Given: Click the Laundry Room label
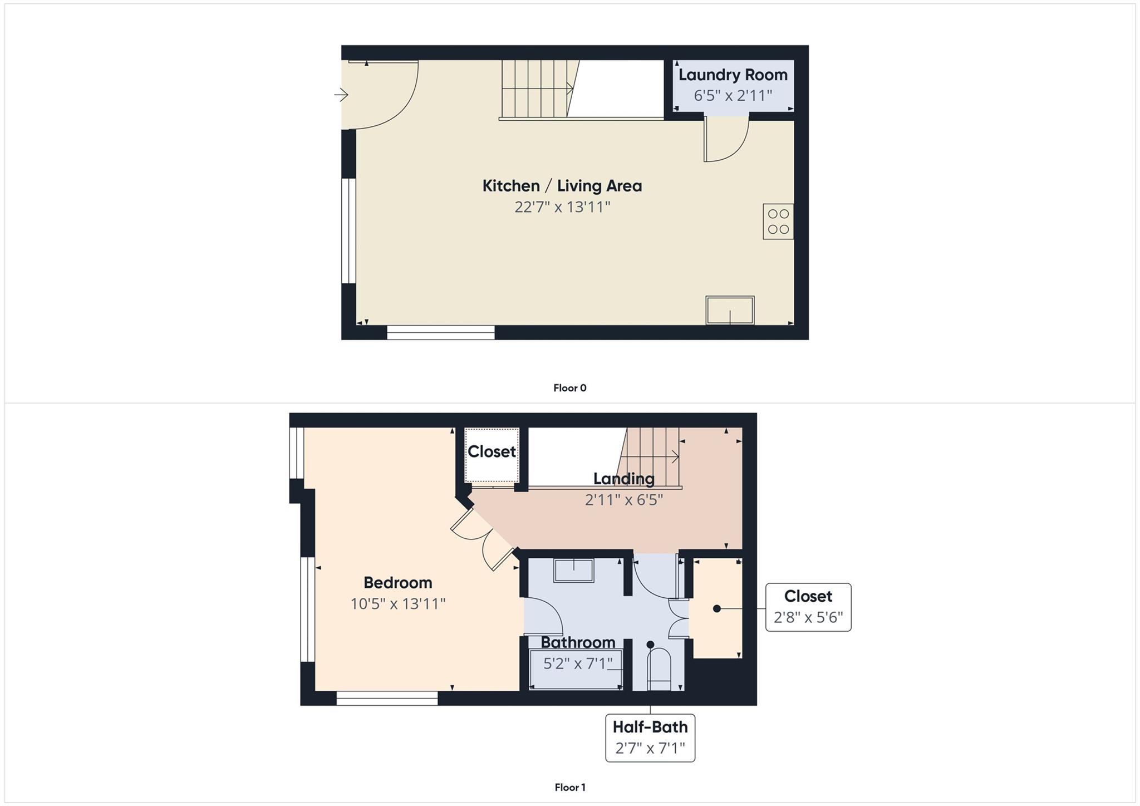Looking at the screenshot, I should point(733,75).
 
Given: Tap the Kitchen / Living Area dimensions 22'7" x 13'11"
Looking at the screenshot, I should point(562,208).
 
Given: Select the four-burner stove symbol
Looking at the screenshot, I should point(778,222).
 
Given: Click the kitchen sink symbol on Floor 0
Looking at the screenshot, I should point(730,310).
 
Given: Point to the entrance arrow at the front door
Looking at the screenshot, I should point(341,95).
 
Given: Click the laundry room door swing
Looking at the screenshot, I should point(726,139).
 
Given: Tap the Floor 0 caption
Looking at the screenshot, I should point(569,388).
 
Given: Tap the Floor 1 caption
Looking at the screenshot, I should point(569,787).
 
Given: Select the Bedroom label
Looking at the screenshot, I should point(397,583).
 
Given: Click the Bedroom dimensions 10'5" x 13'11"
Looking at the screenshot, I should point(397,604).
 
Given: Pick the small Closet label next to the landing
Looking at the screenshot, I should point(492,451).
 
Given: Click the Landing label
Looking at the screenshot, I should point(623,479).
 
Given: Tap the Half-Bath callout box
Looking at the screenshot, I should point(650,738).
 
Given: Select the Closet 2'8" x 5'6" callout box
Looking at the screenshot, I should point(808,607).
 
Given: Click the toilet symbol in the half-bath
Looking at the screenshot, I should point(660,668).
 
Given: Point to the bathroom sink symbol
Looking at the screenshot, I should point(573,571).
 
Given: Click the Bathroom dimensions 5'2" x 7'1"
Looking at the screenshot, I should point(577,664).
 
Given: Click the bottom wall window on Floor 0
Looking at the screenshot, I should point(440,333).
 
